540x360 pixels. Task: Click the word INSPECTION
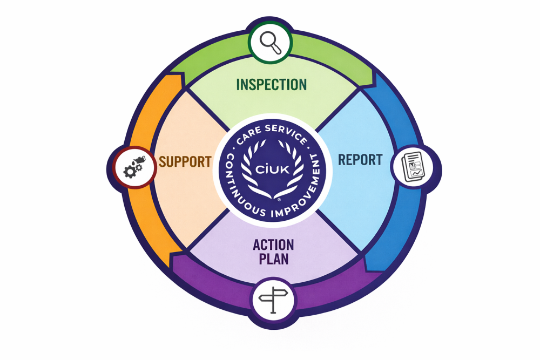[x=272, y=85]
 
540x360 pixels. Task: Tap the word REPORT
[x=360, y=160]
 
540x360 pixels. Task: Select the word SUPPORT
[x=185, y=161]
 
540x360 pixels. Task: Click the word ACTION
[x=274, y=244]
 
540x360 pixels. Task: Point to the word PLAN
[x=274, y=259]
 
